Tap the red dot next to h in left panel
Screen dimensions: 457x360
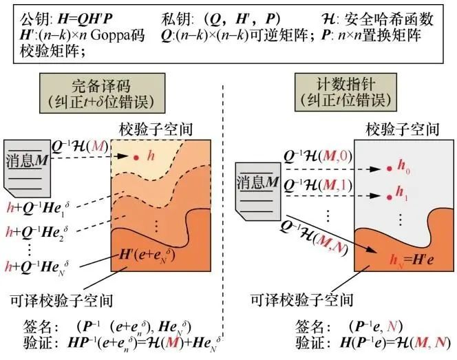(137, 158)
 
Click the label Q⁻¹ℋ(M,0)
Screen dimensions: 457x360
(318, 158)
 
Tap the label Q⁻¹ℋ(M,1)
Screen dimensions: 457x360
(318, 185)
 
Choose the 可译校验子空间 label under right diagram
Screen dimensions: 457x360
(301, 300)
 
